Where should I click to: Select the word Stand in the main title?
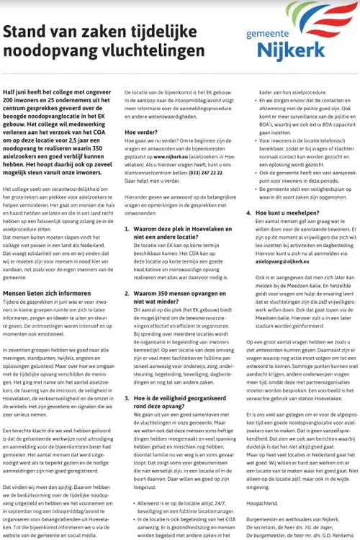24,32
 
